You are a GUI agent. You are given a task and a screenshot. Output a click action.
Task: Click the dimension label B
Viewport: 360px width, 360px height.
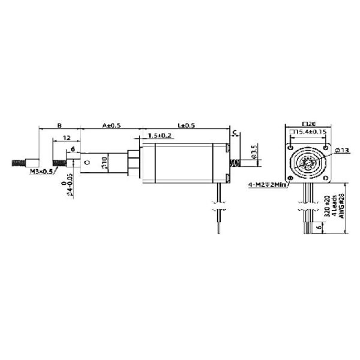point(59,125)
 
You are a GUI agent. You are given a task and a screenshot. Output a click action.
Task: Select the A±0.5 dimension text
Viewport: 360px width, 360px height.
point(111,125)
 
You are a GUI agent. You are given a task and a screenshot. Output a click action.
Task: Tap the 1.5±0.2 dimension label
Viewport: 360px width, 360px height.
point(159,137)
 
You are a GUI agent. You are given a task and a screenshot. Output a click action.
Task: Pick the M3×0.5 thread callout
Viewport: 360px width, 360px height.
point(42,172)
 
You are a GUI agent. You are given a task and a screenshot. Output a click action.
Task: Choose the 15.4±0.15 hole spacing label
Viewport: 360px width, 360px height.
point(310,131)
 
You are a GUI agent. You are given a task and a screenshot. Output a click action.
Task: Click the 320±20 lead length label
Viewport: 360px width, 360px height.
point(327,207)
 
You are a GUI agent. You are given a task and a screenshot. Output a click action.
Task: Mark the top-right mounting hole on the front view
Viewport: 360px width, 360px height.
point(326,146)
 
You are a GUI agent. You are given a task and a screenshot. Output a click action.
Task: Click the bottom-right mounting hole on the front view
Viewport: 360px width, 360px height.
point(326,179)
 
